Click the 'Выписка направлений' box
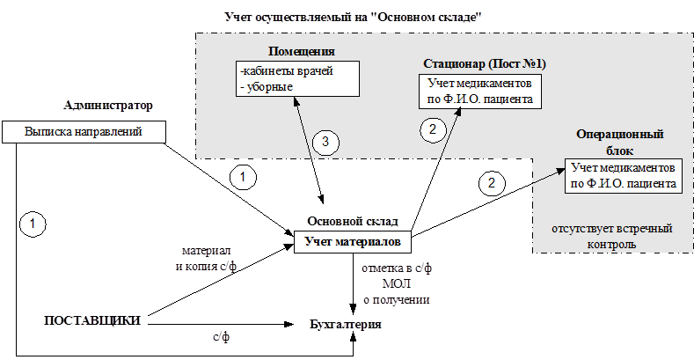(84, 133)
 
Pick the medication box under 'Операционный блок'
(623, 175)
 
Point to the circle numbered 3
(325, 141)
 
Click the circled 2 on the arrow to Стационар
(432, 130)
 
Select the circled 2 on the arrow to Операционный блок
(491, 184)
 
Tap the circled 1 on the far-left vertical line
(32, 224)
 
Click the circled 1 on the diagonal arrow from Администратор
(242, 177)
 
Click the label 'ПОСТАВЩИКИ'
(92, 320)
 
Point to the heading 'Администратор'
(108, 105)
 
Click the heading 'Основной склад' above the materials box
(352, 221)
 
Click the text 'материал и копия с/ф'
(207, 257)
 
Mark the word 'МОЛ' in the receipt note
(395, 284)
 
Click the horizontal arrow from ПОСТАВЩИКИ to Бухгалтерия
(220, 325)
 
